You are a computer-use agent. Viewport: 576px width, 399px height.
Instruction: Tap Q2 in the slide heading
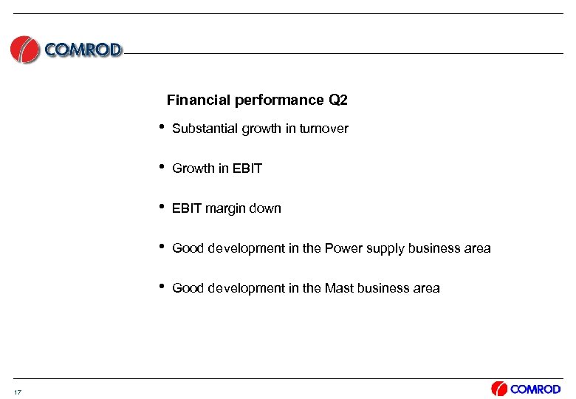point(337,100)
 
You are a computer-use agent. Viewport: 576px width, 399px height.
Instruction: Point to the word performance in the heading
point(276,100)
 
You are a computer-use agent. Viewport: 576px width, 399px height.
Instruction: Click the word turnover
point(323,129)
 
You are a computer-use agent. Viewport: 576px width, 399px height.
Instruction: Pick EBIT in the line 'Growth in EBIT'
point(247,168)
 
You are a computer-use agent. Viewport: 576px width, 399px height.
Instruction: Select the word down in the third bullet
point(266,208)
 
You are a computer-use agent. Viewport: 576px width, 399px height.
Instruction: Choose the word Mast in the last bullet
point(338,288)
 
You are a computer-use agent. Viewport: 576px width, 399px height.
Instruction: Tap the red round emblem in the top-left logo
point(24,50)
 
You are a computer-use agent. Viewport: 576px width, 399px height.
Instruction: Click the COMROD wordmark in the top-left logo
point(83,50)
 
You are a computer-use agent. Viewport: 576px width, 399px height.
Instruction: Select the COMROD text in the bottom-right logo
point(536,389)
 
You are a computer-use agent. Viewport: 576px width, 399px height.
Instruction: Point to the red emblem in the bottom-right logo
point(499,389)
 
